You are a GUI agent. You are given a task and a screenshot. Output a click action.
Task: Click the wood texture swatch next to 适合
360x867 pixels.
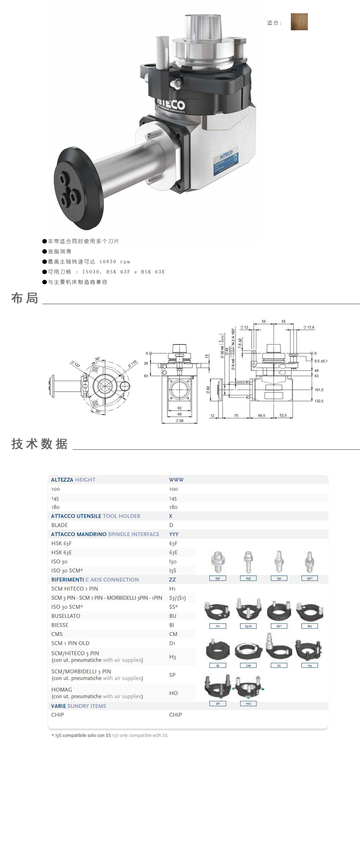tap(299, 22)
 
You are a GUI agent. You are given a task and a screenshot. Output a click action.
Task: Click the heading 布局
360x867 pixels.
tap(25, 298)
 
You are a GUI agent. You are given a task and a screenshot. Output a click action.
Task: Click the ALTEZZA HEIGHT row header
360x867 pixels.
tap(73, 480)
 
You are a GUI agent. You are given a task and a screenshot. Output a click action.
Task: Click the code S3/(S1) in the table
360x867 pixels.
tap(177, 598)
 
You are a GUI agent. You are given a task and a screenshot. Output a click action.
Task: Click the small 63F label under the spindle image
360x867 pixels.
tap(218, 578)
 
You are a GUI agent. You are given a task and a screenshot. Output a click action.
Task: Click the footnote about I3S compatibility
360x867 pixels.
tap(109, 735)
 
